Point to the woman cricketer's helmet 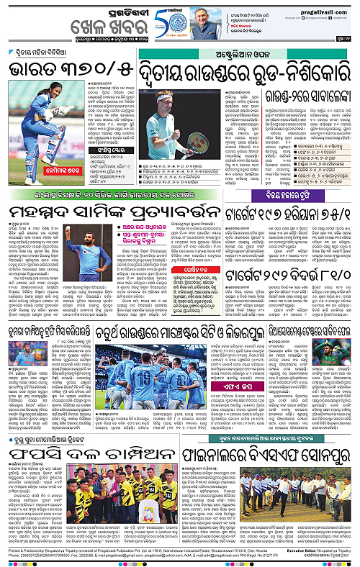[54, 109]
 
